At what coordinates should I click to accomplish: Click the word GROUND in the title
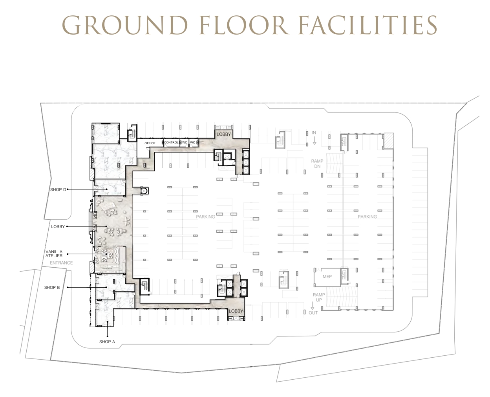(125, 25)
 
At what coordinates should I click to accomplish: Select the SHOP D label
(58, 189)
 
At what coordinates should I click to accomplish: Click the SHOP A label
(107, 342)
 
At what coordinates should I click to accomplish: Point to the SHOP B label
(52, 287)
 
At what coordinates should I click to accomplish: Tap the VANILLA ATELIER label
(54, 254)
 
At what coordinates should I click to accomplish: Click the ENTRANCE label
(61, 263)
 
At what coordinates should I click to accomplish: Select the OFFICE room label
(150, 143)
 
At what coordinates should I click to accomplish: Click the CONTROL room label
(171, 143)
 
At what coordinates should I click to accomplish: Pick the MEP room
(327, 277)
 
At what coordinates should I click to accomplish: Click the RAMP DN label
(317, 164)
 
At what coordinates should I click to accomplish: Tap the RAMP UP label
(319, 297)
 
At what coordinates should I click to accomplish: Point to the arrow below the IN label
(314, 140)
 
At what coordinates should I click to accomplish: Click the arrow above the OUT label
(312, 305)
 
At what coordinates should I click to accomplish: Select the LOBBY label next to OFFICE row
(224, 134)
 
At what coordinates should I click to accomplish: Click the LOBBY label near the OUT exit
(236, 311)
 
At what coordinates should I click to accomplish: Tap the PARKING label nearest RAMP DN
(367, 217)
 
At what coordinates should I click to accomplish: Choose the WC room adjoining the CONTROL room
(185, 143)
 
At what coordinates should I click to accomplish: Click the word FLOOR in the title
(243, 25)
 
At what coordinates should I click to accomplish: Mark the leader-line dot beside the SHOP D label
(68, 189)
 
